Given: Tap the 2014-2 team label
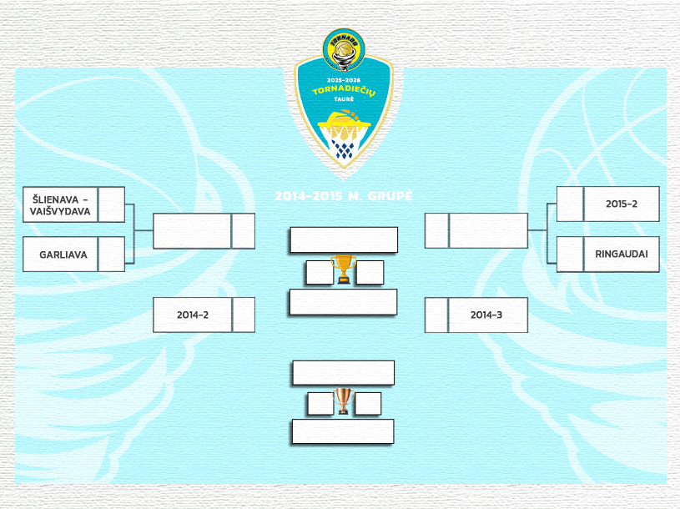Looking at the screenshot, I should (x=192, y=315).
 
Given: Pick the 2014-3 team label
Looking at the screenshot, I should (x=488, y=315).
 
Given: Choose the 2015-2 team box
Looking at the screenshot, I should (x=622, y=204).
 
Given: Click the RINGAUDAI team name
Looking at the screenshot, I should (x=622, y=254).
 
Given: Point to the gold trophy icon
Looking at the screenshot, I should (x=343, y=269).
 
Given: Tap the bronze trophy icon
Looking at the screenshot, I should (x=343, y=401).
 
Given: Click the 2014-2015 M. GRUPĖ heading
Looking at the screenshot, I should (x=344, y=197).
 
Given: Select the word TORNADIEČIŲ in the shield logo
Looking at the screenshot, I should (x=344, y=89).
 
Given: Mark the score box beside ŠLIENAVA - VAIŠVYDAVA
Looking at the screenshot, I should (x=112, y=205).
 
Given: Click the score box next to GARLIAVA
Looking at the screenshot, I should (x=112, y=254).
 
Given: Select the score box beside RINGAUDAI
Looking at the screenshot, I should (x=570, y=254).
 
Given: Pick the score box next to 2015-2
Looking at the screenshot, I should (x=570, y=204).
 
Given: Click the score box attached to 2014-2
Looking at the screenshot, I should (x=244, y=315).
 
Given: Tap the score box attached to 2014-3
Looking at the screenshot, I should (x=436, y=315).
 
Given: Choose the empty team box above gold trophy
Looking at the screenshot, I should (x=343, y=240).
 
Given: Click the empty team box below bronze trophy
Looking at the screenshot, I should (x=342, y=431).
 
